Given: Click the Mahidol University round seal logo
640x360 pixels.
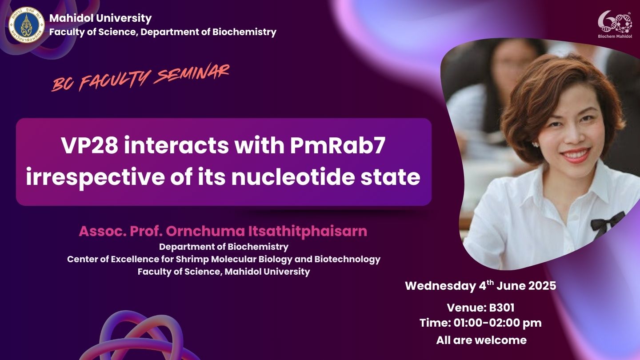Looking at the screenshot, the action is (x=27, y=25).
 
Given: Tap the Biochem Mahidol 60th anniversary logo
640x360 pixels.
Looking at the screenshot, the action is (x=615, y=24).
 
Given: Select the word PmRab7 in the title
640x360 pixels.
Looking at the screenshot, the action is (x=338, y=145).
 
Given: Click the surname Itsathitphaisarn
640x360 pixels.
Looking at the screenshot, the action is (x=308, y=231).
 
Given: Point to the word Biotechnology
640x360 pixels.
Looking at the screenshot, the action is (x=347, y=260).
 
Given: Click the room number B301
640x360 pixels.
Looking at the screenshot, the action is (x=502, y=308).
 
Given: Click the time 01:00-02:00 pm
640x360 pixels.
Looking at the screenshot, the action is (x=497, y=323).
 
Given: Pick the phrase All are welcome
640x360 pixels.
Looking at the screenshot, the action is (x=481, y=340).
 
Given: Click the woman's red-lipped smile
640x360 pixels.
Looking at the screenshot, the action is (x=575, y=155).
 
